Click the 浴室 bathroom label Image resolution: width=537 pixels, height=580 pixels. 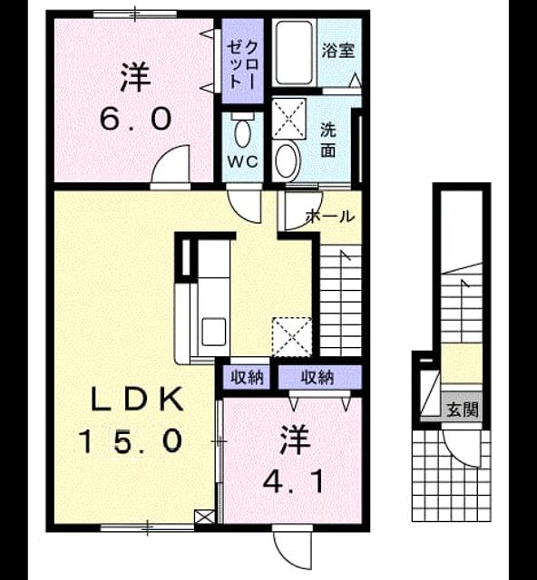[337, 51]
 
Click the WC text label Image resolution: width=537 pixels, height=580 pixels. [242, 161]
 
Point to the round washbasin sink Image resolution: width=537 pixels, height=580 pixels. [287, 160]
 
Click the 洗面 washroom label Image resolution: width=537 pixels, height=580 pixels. [328, 140]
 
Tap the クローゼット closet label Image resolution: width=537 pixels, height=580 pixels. [242, 64]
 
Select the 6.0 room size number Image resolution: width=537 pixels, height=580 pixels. [136, 119]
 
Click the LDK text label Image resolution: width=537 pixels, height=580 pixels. [137, 399]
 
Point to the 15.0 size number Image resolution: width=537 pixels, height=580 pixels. [131, 441]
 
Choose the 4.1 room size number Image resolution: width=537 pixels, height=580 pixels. [293, 482]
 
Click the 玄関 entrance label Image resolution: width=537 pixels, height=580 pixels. [463, 410]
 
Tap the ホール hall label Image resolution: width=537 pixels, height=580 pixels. [330, 217]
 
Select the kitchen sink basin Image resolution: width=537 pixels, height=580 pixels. [214, 332]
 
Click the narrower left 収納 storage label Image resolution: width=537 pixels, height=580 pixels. [247, 378]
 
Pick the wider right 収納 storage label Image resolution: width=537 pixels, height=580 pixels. [317, 378]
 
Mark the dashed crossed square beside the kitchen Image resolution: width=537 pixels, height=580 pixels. [292, 337]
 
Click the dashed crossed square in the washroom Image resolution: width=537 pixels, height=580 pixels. [288, 119]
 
